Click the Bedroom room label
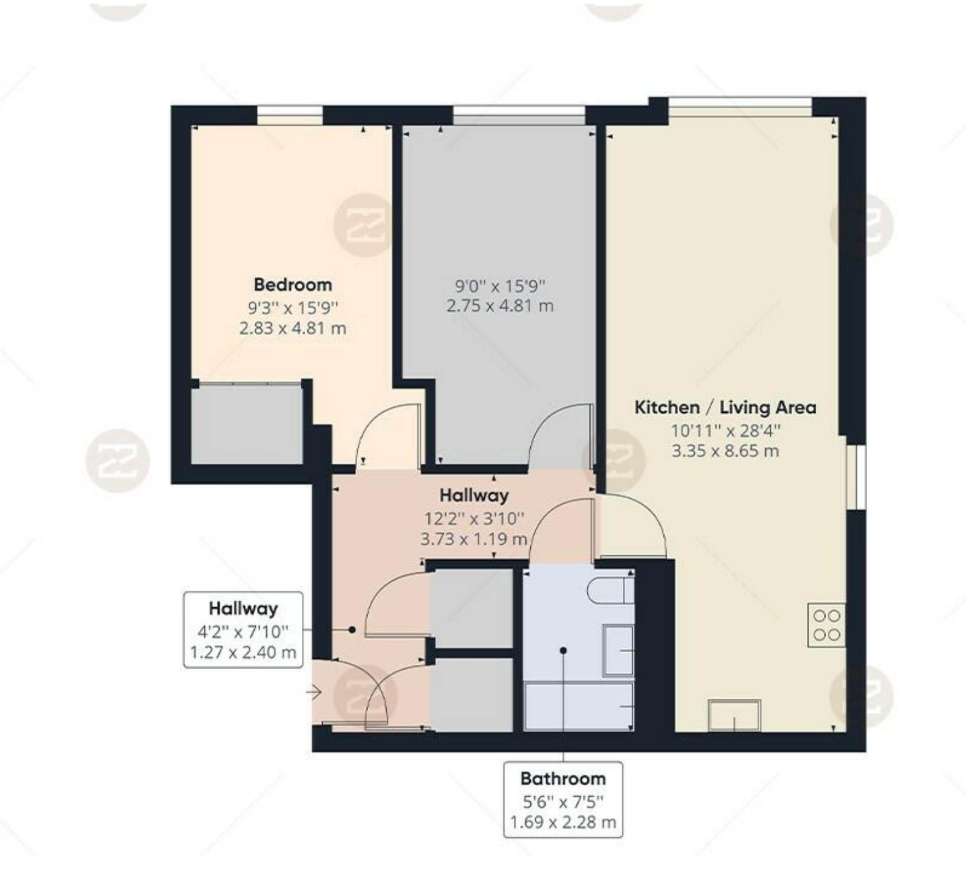(x=293, y=285)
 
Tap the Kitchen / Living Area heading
(x=725, y=407)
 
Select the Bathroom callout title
(x=563, y=778)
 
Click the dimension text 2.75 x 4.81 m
(x=500, y=305)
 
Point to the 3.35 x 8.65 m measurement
(x=725, y=451)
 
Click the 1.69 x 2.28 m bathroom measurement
(x=563, y=822)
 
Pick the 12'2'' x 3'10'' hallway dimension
(x=474, y=519)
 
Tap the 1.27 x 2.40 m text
(x=243, y=652)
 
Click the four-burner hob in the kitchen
(x=826, y=624)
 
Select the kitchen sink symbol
(x=734, y=715)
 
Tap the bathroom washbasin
(x=618, y=650)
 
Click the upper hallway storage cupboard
(x=471, y=608)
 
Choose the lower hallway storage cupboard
(x=471, y=695)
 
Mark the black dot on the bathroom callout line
(x=563, y=650)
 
